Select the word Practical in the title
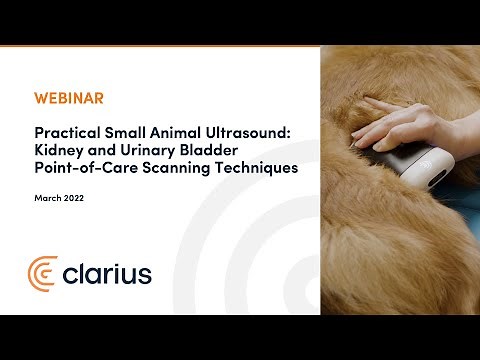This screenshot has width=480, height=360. tap(64, 131)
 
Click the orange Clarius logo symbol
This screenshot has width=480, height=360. tap(43, 272)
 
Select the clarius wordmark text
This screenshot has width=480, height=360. tap(107, 272)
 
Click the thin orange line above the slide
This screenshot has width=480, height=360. tap(160, 46)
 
